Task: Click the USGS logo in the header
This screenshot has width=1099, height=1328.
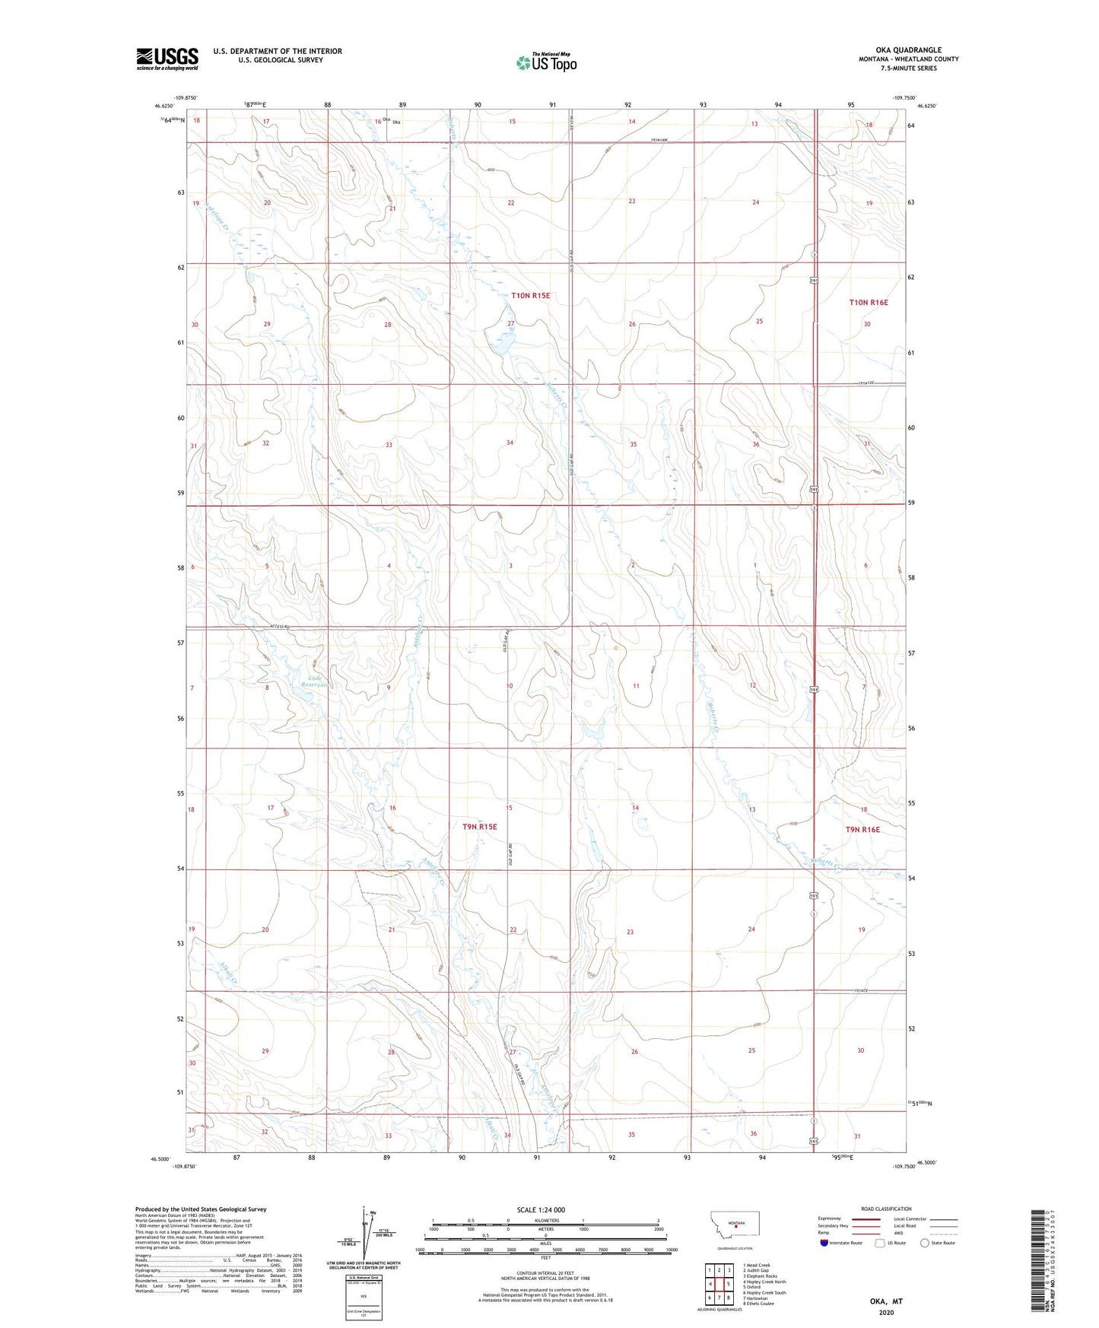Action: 167,59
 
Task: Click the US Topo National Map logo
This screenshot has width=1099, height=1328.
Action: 546,62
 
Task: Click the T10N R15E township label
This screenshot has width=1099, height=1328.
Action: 530,295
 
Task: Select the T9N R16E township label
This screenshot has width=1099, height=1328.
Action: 862,830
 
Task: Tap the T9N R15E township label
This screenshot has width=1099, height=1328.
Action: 479,826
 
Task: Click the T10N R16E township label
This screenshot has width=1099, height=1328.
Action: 868,303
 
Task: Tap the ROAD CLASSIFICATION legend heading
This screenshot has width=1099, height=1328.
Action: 886,1209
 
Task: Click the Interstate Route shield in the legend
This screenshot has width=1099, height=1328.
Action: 824,1243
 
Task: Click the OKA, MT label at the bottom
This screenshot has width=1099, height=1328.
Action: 886,1301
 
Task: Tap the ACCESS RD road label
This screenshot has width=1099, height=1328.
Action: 281,627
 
